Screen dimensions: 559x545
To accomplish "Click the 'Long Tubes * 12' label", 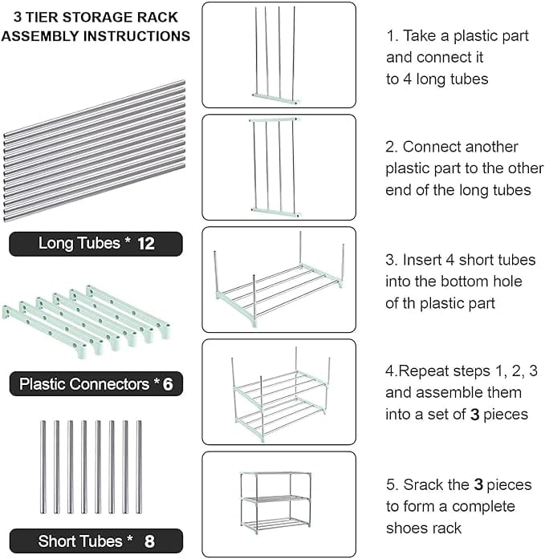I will point(96,244).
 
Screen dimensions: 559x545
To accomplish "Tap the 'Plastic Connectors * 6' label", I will point(96,384).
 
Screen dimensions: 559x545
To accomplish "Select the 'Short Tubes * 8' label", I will point(96,541).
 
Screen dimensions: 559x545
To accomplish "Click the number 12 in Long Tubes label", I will point(145,244).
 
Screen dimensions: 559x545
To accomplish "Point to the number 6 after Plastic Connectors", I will point(168,384).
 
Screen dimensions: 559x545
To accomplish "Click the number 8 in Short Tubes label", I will point(150,541).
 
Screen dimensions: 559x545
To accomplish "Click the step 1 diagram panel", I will point(278,55).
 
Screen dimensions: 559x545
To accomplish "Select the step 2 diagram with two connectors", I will point(278,167).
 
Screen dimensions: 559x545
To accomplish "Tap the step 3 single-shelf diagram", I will point(278,279).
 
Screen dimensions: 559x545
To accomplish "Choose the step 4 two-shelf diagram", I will point(278,391).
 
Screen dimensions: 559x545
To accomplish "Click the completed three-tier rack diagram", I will point(278,504).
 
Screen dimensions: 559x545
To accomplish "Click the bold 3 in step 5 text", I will point(478,485).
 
